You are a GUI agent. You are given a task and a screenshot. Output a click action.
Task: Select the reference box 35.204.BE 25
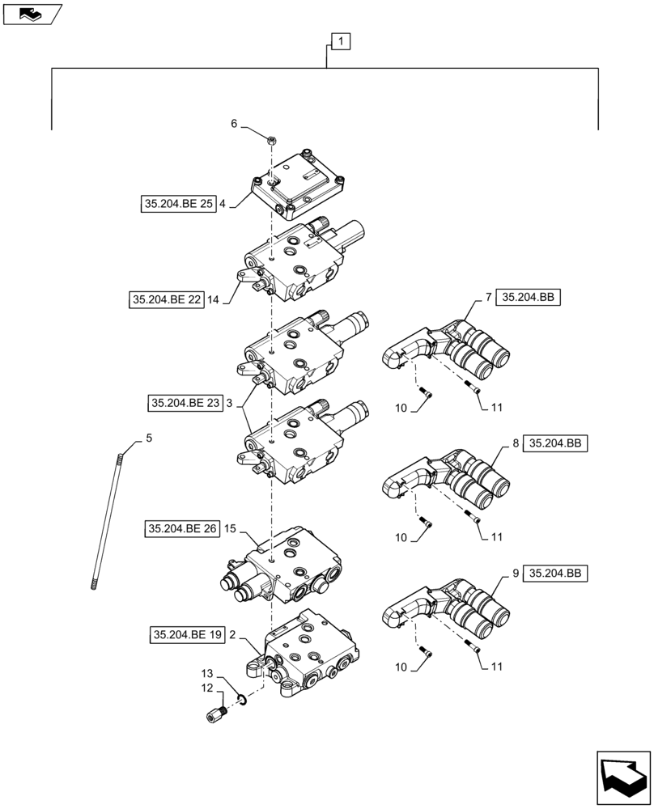pos(176,205)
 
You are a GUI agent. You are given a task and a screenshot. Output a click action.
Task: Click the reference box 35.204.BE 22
pos(167,299)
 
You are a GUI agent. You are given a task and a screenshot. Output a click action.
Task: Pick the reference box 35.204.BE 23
pos(185,403)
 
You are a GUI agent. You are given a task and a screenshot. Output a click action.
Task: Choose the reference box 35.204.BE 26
pos(183,529)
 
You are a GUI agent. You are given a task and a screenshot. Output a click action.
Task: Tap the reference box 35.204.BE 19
pos(185,635)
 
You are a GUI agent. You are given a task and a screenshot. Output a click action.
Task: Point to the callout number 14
pos(214,299)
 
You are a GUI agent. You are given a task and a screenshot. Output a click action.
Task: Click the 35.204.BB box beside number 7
pos(528,298)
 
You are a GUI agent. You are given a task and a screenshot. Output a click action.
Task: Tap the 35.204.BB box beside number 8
pos(554,444)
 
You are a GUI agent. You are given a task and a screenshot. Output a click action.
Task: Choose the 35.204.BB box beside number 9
pos(554,574)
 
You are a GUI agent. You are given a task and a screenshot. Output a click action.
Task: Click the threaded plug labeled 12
pos(214,716)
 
